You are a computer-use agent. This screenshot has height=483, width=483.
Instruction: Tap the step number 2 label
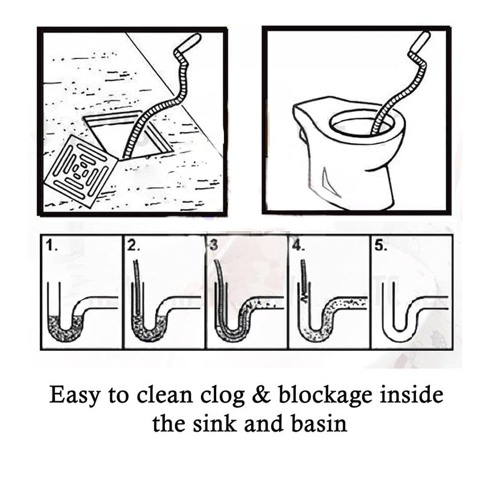pyautogui.click(x=134, y=245)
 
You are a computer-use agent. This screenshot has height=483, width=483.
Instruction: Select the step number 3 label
pyautogui.click(x=213, y=245)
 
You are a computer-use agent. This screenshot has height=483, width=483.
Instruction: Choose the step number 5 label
pyautogui.click(x=380, y=245)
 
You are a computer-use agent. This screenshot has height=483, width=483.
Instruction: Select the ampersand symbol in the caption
pyautogui.click(x=255, y=396)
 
